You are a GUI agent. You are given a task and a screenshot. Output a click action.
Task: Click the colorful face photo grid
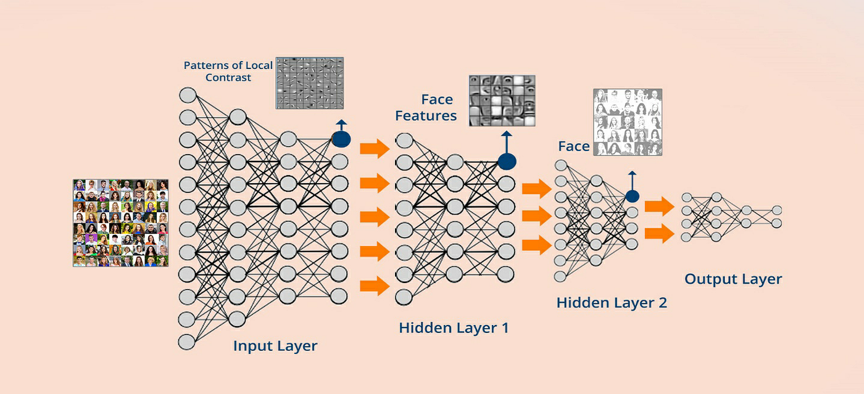click(120, 223)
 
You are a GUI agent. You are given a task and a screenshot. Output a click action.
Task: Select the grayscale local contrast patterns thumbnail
click(309, 83)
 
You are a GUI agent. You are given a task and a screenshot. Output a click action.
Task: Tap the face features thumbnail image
click(502, 101)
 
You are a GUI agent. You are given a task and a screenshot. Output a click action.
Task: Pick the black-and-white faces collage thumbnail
click(628, 122)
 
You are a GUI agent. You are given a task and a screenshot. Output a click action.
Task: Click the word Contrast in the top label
click(228, 78)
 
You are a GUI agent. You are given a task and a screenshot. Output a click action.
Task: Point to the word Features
click(426, 115)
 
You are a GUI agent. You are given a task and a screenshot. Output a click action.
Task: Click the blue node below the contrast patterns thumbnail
click(341, 139)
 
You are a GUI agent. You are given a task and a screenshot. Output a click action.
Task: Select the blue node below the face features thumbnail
click(507, 162)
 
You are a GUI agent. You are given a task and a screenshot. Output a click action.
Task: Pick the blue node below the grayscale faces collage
click(631, 197)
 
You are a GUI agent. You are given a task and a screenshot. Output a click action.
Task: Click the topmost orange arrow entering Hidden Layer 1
click(375, 149)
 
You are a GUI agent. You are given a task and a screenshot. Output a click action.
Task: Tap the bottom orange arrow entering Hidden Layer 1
click(375, 285)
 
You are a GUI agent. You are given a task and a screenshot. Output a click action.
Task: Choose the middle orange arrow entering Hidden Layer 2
click(536, 216)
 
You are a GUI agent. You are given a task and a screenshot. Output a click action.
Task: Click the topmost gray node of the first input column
click(188, 95)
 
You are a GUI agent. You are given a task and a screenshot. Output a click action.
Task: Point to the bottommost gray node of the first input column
click(188, 341)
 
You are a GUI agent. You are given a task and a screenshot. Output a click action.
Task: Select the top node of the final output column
click(776, 210)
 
